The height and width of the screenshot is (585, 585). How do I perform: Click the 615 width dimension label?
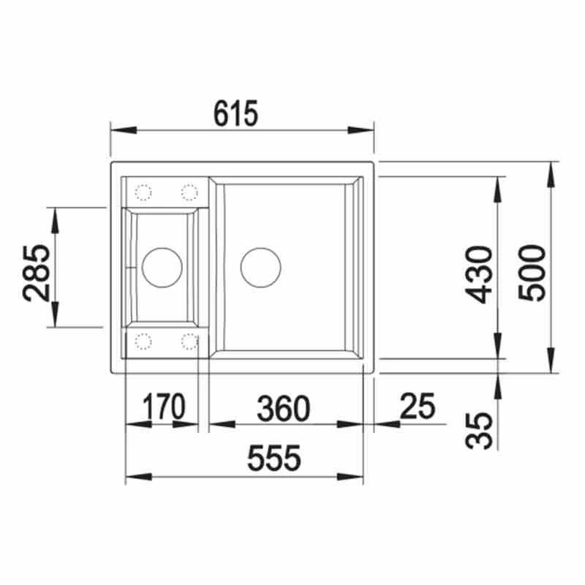235,113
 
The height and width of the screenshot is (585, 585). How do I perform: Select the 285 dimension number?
36,273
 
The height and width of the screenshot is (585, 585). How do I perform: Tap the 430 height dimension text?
479,275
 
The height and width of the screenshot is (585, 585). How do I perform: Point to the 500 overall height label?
532,272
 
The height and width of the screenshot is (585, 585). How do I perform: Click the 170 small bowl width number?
164,407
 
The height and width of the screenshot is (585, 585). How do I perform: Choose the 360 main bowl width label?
284,408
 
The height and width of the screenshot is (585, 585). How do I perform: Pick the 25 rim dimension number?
418,406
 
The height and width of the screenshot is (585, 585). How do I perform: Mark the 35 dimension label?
479,431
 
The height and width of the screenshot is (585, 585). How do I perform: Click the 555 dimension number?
273,458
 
